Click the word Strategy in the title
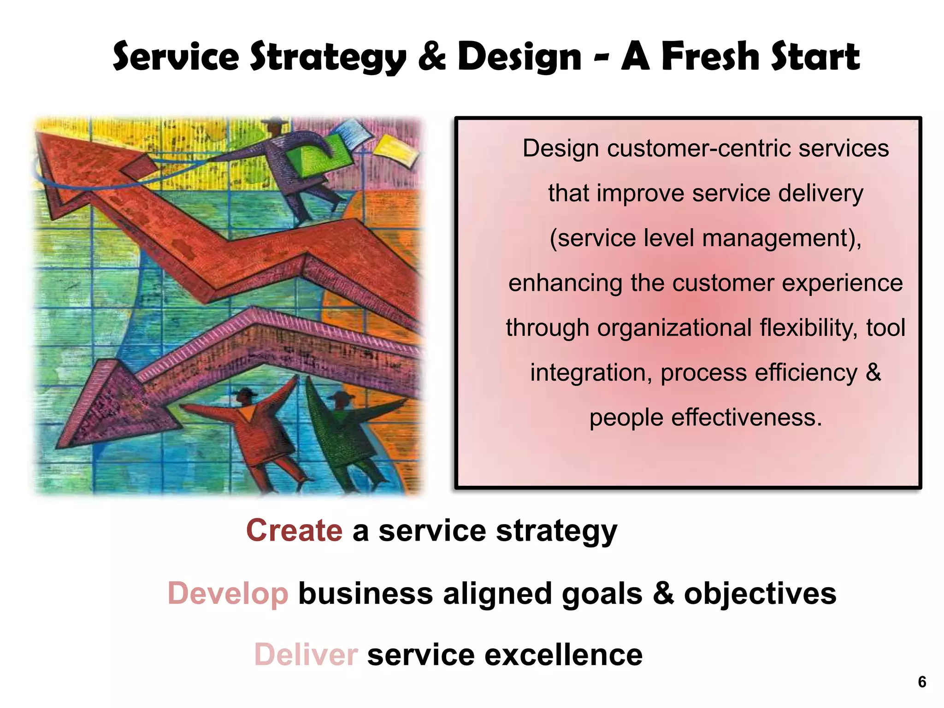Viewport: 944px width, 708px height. click(328, 57)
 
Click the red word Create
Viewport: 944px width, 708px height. click(294, 531)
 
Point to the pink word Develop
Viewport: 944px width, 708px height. click(228, 593)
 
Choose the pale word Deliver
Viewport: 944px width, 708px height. click(306, 655)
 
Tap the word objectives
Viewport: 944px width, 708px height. click(760, 593)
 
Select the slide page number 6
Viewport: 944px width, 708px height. click(922, 682)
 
